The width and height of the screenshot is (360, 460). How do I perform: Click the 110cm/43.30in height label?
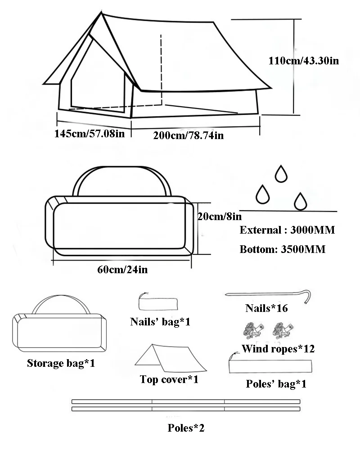tap(304, 61)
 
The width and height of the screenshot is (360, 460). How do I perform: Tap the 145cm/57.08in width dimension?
tap(90, 134)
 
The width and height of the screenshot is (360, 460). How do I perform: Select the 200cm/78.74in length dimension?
tap(189, 135)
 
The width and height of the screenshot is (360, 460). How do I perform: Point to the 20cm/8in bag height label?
tap(220, 216)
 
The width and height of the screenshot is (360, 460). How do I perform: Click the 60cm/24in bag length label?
tap(122, 269)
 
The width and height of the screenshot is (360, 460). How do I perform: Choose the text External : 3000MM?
tap(287, 230)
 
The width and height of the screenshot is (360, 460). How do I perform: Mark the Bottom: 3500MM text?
tap(283, 249)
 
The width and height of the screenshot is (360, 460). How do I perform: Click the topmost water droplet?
tap(281, 174)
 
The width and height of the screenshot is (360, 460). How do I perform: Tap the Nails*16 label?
tap(266, 308)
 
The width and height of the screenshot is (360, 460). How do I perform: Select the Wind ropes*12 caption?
tap(278, 348)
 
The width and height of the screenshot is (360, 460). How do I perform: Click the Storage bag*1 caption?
tap(61, 363)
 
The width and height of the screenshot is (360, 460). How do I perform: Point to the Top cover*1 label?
tap(169, 379)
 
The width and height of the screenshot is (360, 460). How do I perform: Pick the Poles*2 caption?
tap(186, 428)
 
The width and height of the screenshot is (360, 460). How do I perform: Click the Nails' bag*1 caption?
tap(160, 322)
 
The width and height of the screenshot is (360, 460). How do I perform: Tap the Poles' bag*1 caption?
tap(276, 384)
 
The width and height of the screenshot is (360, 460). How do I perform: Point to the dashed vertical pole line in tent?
tap(161, 69)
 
